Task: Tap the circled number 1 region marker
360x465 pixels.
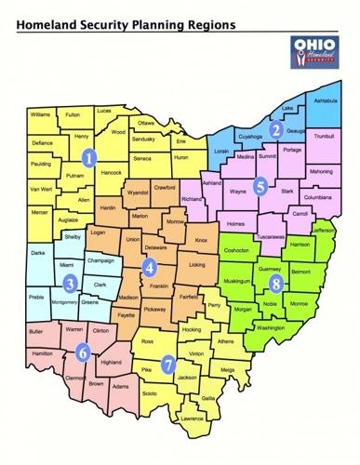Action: click(89, 157)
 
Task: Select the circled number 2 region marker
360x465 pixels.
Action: click(276, 130)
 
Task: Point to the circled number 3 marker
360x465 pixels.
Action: click(70, 282)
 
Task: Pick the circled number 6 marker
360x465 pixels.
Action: click(83, 352)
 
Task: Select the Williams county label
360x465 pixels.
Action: click(39, 114)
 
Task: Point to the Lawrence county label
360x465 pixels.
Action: click(193, 418)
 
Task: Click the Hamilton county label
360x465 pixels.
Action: click(41, 353)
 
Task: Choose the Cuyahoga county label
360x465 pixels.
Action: click(253, 136)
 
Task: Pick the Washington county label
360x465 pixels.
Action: click(270, 328)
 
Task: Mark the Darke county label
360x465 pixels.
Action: click(37, 253)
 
